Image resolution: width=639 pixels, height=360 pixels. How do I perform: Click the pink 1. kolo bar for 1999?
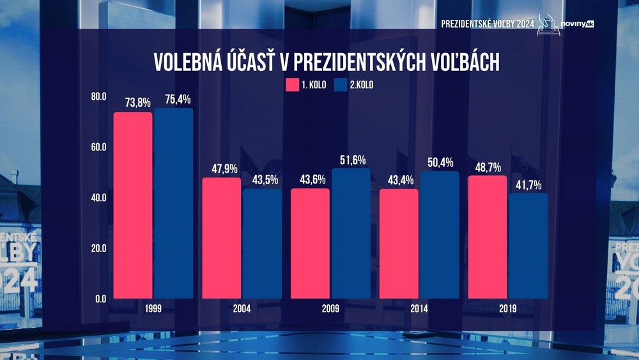point(133,205)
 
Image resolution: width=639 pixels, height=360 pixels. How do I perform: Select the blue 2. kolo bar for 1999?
point(173,203)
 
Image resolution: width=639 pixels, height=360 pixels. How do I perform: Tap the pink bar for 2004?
point(222,238)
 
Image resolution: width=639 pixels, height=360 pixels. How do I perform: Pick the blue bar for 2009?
point(351,233)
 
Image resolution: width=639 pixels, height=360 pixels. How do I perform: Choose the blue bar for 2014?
point(440,235)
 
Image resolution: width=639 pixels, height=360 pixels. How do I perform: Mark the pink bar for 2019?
point(488,237)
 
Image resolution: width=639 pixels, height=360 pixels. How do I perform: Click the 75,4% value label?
point(173,99)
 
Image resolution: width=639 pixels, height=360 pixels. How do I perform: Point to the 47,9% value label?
point(222,169)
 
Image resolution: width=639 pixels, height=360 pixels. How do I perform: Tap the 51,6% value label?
point(351,160)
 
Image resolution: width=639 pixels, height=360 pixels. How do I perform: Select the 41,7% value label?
point(528,185)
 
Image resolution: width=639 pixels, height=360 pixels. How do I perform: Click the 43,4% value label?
point(399,180)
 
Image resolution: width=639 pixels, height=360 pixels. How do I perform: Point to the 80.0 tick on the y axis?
point(98,97)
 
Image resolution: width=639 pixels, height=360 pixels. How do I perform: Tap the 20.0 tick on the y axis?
point(98,248)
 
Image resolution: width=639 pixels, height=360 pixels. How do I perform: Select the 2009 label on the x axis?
point(330,309)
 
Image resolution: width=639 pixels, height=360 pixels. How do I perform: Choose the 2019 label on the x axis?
point(508,309)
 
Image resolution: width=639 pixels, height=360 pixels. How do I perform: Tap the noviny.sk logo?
point(577,24)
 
